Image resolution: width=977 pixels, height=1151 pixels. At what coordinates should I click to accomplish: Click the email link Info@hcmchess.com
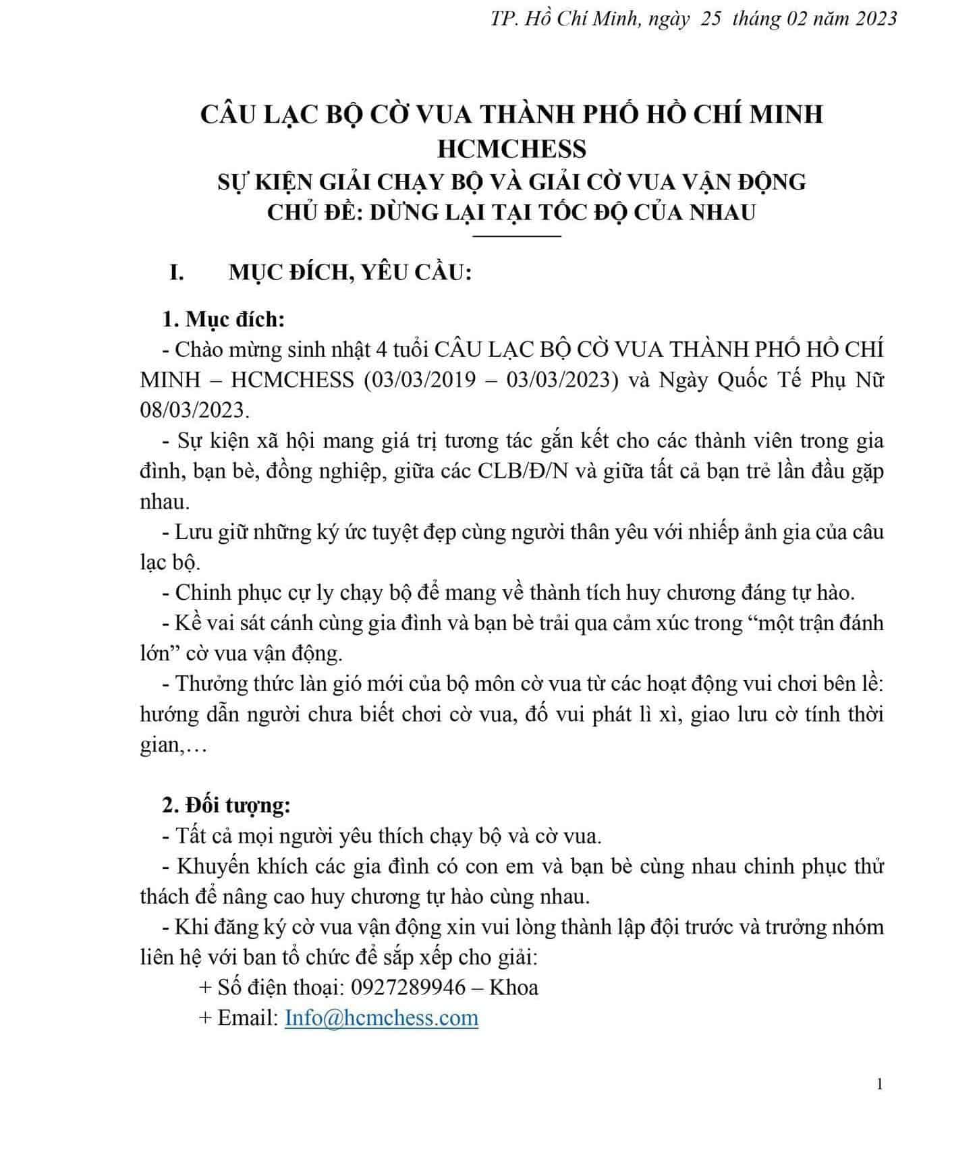pyautogui.click(x=381, y=1017)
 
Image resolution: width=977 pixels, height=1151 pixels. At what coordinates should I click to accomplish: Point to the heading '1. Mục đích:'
pyautogui.click(x=224, y=319)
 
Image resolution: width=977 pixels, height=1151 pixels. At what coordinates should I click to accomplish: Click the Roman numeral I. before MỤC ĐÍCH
pyautogui.click(x=177, y=274)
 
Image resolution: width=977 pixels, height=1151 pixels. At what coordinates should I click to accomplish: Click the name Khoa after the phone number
pyautogui.click(x=513, y=987)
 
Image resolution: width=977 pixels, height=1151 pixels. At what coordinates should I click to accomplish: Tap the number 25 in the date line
pyautogui.click(x=711, y=18)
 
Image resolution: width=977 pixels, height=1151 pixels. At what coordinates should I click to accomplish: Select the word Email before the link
pyautogui.click(x=247, y=1017)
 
